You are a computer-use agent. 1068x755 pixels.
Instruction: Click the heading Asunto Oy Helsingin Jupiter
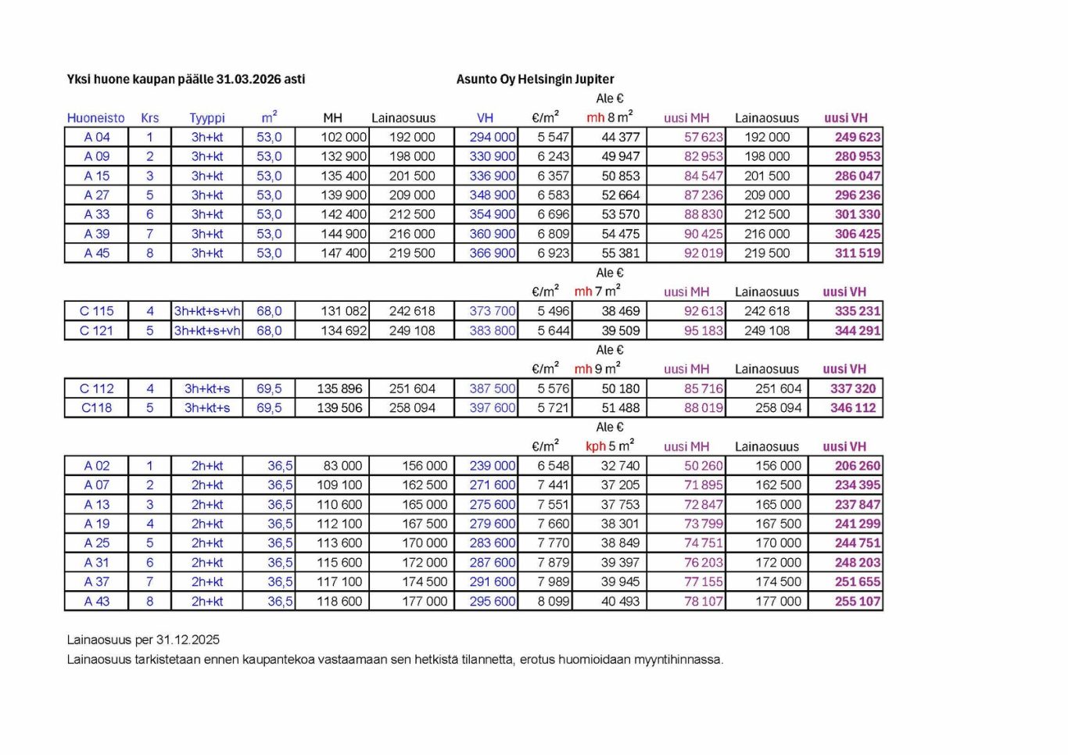pyautogui.click(x=535, y=79)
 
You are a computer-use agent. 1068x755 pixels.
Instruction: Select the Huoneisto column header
pyautogui.click(x=95, y=118)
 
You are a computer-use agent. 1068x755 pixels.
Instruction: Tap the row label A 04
pyautogui.click(x=97, y=137)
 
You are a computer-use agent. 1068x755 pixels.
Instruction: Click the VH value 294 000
pyautogui.click(x=492, y=137)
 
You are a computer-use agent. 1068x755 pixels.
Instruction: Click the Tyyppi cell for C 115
pyautogui.click(x=207, y=311)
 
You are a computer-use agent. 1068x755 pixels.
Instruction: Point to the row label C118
pyautogui.click(x=96, y=408)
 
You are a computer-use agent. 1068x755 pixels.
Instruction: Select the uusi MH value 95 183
pyautogui.click(x=703, y=331)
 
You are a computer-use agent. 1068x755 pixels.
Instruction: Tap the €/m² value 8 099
pyautogui.click(x=553, y=602)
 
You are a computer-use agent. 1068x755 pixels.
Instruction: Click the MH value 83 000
pyautogui.click(x=342, y=466)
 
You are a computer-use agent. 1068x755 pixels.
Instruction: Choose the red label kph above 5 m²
pyautogui.click(x=595, y=446)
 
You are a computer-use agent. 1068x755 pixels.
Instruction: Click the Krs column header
pyautogui.click(x=149, y=118)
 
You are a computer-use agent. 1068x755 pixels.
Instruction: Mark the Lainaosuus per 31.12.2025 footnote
pyautogui.click(x=143, y=640)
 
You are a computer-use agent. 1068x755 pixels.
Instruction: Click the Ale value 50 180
pyautogui.click(x=620, y=388)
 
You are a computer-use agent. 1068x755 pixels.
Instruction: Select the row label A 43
pyautogui.click(x=97, y=602)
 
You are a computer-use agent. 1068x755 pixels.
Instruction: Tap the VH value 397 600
pyautogui.click(x=492, y=408)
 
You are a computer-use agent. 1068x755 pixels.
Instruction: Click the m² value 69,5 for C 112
pyautogui.click(x=269, y=388)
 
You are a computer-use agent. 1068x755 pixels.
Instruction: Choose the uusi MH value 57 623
pyautogui.click(x=703, y=137)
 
